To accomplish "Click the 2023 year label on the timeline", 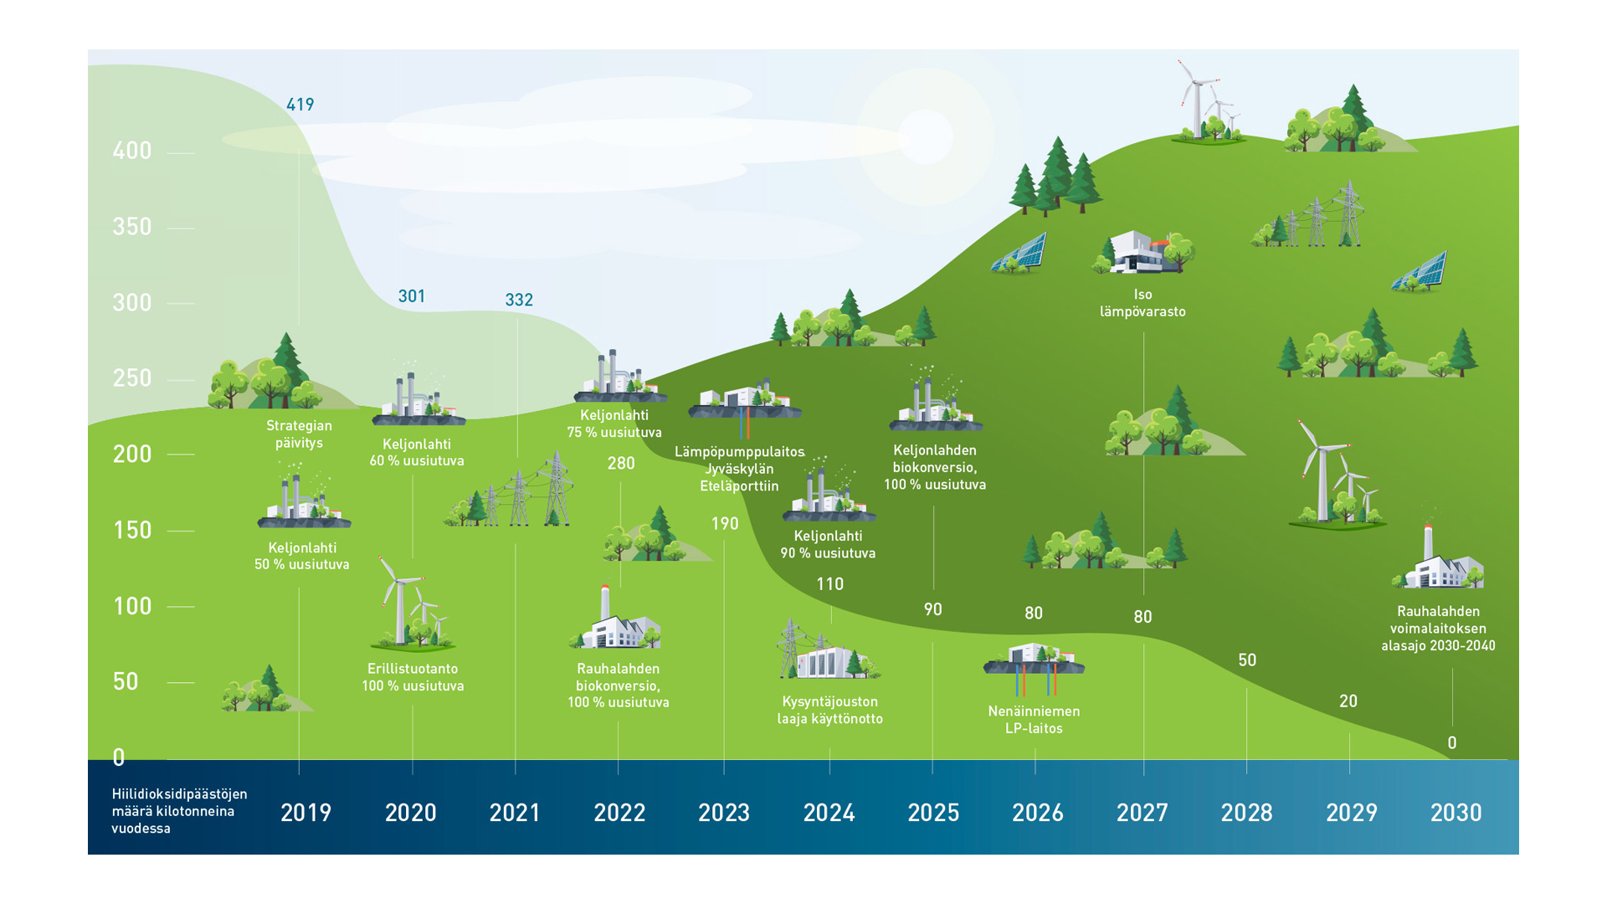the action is (x=724, y=813).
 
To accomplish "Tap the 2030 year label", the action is (x=1456, y=813).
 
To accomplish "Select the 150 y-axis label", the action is (x=132, y=531).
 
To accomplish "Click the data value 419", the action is (x=300, y=105).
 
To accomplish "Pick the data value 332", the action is (x=519, y=300).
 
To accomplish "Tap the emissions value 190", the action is (x=725, y=524).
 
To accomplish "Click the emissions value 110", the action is (x=829, y=584).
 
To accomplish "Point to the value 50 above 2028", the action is (x=1247, y=660).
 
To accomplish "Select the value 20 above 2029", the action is (x=1348, y=701).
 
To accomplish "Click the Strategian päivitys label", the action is (x=299, y=434).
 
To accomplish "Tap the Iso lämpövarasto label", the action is (x=1142, y=303).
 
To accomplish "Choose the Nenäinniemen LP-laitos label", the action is (x=1034, y=720).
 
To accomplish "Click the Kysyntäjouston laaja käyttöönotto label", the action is (x=829, y=710).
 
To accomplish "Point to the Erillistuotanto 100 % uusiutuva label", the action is (x=413, y=677).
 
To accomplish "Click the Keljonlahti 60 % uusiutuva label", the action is (x=417, y=453).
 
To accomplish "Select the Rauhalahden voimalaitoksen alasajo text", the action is (x=1438, y=629).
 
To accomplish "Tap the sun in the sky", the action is (x=925, y=136).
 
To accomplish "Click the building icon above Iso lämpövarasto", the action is (x=1142, y=252).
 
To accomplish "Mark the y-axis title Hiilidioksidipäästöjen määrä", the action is (x=179, y=811).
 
